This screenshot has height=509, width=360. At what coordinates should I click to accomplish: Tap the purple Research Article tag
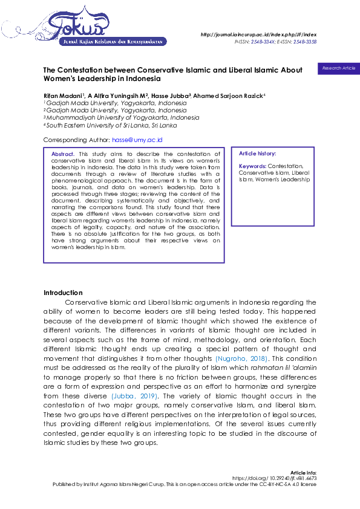coord(338,68)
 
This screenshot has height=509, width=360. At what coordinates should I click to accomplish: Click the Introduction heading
coord(63,293)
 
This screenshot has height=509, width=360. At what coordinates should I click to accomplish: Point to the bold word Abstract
coord(64,155)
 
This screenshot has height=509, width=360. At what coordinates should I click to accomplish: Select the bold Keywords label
coord(252,166)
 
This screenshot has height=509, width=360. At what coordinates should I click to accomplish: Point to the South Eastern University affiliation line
coord(112,125)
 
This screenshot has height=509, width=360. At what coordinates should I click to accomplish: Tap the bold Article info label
coord(303,472)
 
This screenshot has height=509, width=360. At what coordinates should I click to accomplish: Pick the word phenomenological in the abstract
coord(76,180)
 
